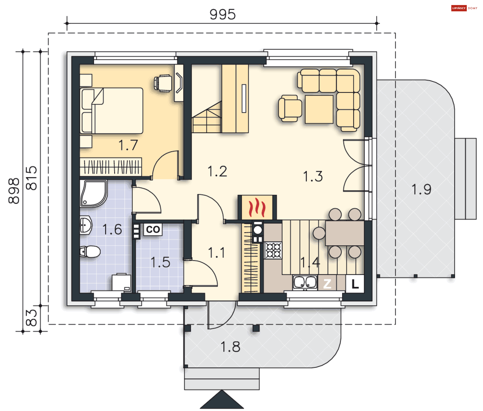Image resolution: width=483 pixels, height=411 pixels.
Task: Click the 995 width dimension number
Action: (x=223, y=15)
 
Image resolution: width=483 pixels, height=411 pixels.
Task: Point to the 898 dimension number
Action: (x=14, y=191)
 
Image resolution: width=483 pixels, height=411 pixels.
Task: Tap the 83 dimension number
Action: (x=31, y=318)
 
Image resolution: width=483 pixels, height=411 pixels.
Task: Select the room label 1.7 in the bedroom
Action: (x=128, y=145)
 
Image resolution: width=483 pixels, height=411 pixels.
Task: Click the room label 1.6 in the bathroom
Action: (x=112, y=230)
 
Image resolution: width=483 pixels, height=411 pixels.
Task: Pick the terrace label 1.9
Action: (x=421, y=189)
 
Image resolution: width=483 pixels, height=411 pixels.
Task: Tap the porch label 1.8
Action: (x=230, y=347)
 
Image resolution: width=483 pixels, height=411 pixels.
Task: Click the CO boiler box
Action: (x=153, y=230)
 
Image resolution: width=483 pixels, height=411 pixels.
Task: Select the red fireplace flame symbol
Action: (x=257, y=207)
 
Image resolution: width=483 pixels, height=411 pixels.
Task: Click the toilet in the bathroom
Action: (x=90, y=251)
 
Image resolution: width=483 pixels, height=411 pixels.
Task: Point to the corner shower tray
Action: (x=93, y=194)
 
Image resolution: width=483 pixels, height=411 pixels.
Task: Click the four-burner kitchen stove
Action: (x=273, y=250)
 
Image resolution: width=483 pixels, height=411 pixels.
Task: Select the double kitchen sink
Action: (x=305, y=282)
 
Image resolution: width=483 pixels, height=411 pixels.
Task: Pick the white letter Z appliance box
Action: (x=327, y=284)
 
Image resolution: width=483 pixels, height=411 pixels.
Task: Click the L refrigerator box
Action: (x=355, y=284)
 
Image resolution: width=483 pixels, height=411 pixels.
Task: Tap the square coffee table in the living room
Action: (x=319, y=109)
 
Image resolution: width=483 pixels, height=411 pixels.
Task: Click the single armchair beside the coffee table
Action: (x=290, y=108)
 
